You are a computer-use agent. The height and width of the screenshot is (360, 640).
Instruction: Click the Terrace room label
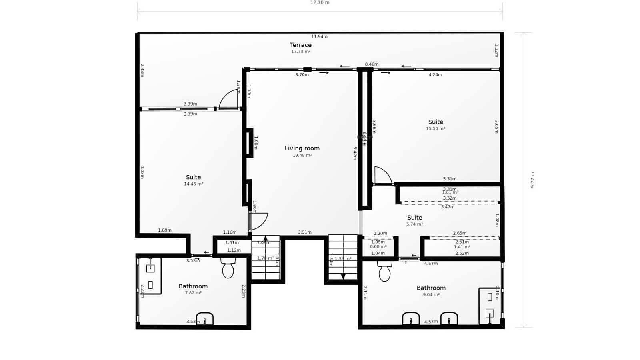click(300, 45)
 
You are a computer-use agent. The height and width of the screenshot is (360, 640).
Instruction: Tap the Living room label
click(302, 148)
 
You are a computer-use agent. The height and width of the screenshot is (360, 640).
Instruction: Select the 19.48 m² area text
click(302, 155)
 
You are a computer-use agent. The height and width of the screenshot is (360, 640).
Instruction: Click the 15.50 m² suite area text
click(436, 129)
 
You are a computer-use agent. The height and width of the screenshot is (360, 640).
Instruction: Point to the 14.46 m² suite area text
click(193, 184)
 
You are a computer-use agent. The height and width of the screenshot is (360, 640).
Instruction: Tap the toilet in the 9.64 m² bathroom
click(384, 272)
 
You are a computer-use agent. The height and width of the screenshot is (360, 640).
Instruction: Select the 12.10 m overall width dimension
click(320, 3)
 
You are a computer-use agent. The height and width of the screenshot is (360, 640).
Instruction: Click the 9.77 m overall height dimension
click(532, 180)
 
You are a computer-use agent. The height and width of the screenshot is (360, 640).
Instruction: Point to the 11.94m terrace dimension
click(319, 36)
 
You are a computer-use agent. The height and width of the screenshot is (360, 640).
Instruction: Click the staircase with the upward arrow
click(266, 258)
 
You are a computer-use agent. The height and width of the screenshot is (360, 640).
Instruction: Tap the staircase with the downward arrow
click(343, 258)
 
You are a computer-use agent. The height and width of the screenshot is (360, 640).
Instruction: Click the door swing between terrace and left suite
click(229, 99)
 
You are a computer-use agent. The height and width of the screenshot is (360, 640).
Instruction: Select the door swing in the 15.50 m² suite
click(382, 176)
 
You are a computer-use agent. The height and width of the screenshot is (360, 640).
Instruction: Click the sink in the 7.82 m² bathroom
click(204, 319)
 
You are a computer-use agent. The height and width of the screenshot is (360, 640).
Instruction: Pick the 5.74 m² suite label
click(414, 218)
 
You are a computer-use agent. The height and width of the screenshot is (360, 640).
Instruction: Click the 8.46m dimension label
click(371, 64)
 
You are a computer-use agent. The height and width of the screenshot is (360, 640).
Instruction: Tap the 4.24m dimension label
click(435, 74)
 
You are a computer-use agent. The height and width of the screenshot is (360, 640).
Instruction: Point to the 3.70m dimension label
click(302, 74)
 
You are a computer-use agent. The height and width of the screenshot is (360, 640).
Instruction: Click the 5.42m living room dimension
click(355, 153)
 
